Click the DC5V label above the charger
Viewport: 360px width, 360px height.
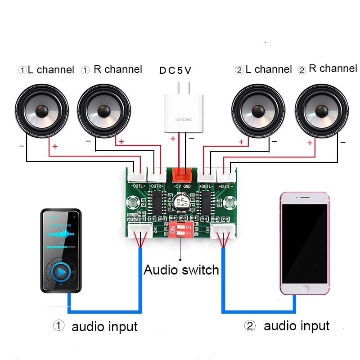pyautogui.click(x=175, y=70)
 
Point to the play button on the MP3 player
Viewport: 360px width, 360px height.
pyautogui.click(x=59, y=271)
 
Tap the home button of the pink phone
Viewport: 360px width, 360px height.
pyautogui.click(x=305, y=288)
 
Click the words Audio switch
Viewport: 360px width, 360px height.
pyautogui.click(x=181, y=270)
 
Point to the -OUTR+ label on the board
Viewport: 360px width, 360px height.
pyautogui.click(x=157, y=185)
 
